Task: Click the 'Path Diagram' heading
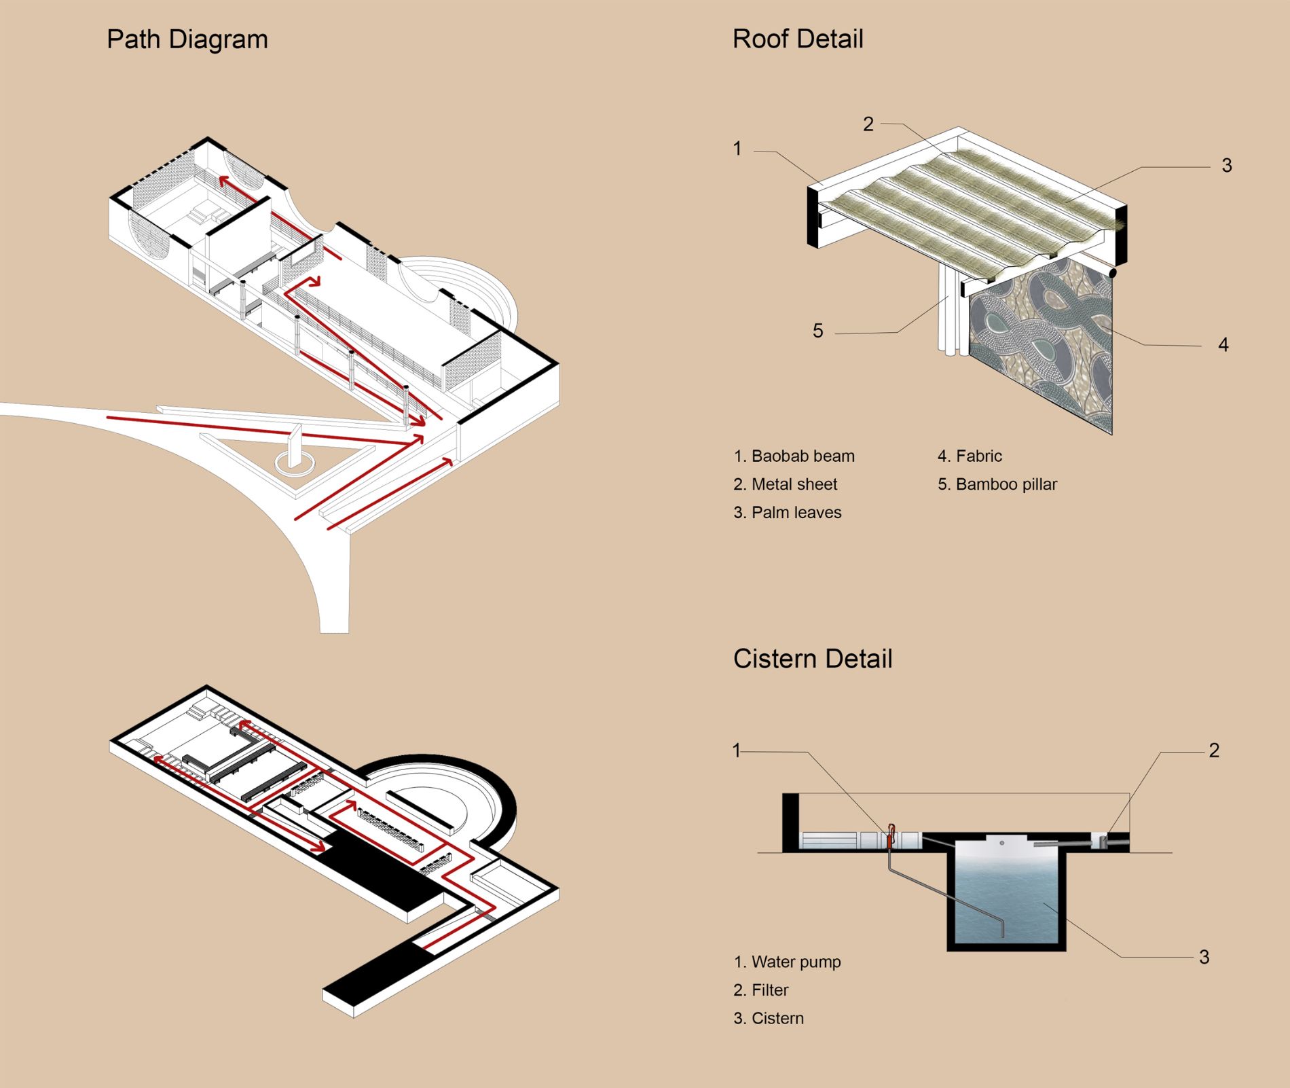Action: click(187, 39)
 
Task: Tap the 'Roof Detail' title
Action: click(798, 39)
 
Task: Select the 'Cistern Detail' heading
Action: click(813, 659)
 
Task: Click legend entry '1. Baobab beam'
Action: click(794, 456)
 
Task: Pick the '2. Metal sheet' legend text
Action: click(785, 484)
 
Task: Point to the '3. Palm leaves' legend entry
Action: click(787, 513)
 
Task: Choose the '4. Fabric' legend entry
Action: click(970, 456)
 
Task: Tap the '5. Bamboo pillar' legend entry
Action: click(997, 484)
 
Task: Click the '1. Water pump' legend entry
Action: click(787, 962)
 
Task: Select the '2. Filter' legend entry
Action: click(760, 990)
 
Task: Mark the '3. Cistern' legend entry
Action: click(768, 1018)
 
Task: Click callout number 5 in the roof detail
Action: click(818, 331)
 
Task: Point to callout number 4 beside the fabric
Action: click(1223, 345)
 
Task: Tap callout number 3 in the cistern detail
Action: click(1204, 957)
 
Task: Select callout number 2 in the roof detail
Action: click(868, 124)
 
